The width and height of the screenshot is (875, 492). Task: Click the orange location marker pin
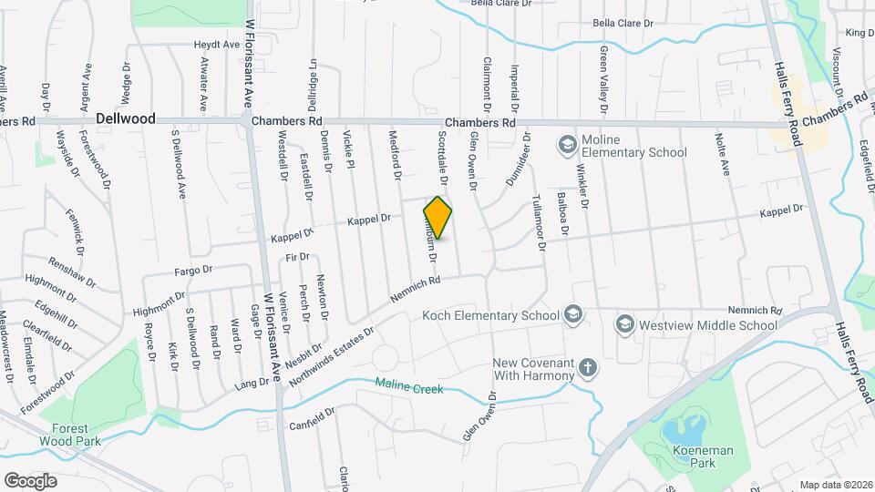tap(437, 217)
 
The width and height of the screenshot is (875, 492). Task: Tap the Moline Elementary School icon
tap(567, 144)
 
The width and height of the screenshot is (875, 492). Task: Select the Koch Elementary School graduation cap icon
tap(572, 315)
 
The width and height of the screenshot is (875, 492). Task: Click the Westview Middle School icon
tap(624, 323)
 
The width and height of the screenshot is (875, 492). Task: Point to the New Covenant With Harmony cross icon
tap(589, 369)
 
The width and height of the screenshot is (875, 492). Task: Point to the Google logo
tap(31, 479)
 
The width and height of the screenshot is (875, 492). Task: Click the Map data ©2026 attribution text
tap(835, 485)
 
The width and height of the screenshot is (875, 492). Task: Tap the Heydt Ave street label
tap(217, 44)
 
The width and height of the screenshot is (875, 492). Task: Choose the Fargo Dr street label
tap(193, 270)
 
